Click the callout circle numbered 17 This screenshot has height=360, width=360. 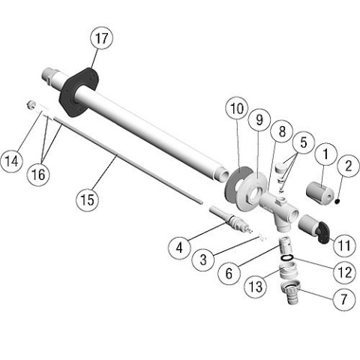(x=101, y=38)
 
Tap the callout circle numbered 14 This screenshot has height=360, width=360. (x=11, y=160)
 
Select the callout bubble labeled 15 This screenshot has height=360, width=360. (x=88, y=199)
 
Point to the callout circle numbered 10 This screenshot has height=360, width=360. (x=236, y=109)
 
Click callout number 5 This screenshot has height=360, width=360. (x=303, y=142)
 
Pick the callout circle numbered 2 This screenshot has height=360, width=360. (x=349, y=166)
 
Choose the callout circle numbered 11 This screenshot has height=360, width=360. (x=344, y=245)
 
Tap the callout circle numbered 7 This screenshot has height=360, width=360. (x=344, y=298)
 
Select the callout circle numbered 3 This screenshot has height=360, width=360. (x=203, y=259)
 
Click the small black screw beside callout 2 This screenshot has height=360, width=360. (x=337, y=200)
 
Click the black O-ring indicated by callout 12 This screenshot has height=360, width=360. (x=287, y=257)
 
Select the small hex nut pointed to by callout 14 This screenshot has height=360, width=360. (x=31, y=104)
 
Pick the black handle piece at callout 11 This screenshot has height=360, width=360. (x=322, y=232)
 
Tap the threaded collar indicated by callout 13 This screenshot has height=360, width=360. (x=288, y=272)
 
